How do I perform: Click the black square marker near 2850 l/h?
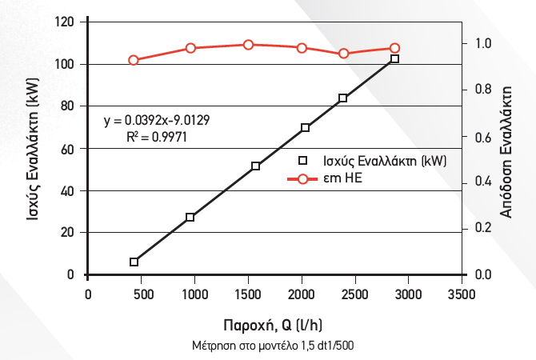tap(394, 59)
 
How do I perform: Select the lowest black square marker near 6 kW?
tap(134, 262)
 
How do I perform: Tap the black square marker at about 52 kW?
tap(256, 166)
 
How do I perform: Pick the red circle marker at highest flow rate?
tap(394, 49)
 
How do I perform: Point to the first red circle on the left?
tap(134, 60)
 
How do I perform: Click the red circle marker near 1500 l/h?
tap(248, 45)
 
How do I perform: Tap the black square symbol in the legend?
tap(302, 159)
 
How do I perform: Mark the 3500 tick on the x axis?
tap(461, 294)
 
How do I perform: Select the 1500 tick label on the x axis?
tap(248, 294)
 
